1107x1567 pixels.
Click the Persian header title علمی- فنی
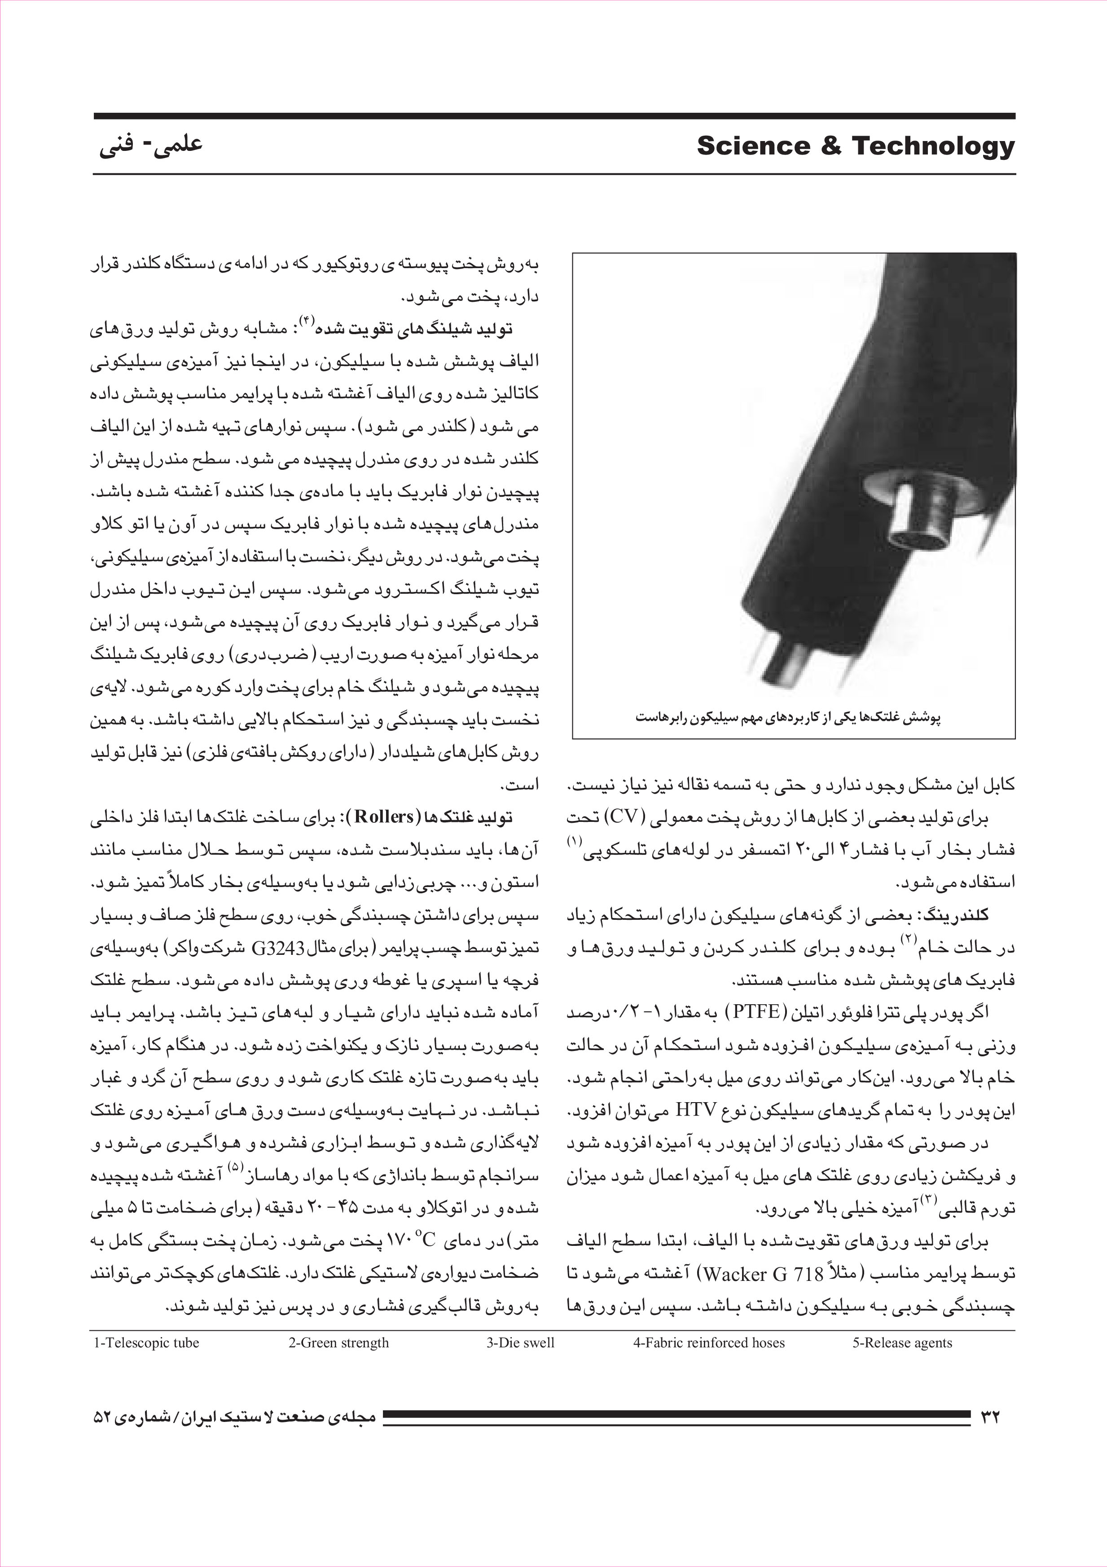[151, 146]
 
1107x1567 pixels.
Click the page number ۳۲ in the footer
[990, 1416]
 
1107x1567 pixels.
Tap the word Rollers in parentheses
[384, 816]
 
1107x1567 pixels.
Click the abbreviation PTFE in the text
[756, 1011]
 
